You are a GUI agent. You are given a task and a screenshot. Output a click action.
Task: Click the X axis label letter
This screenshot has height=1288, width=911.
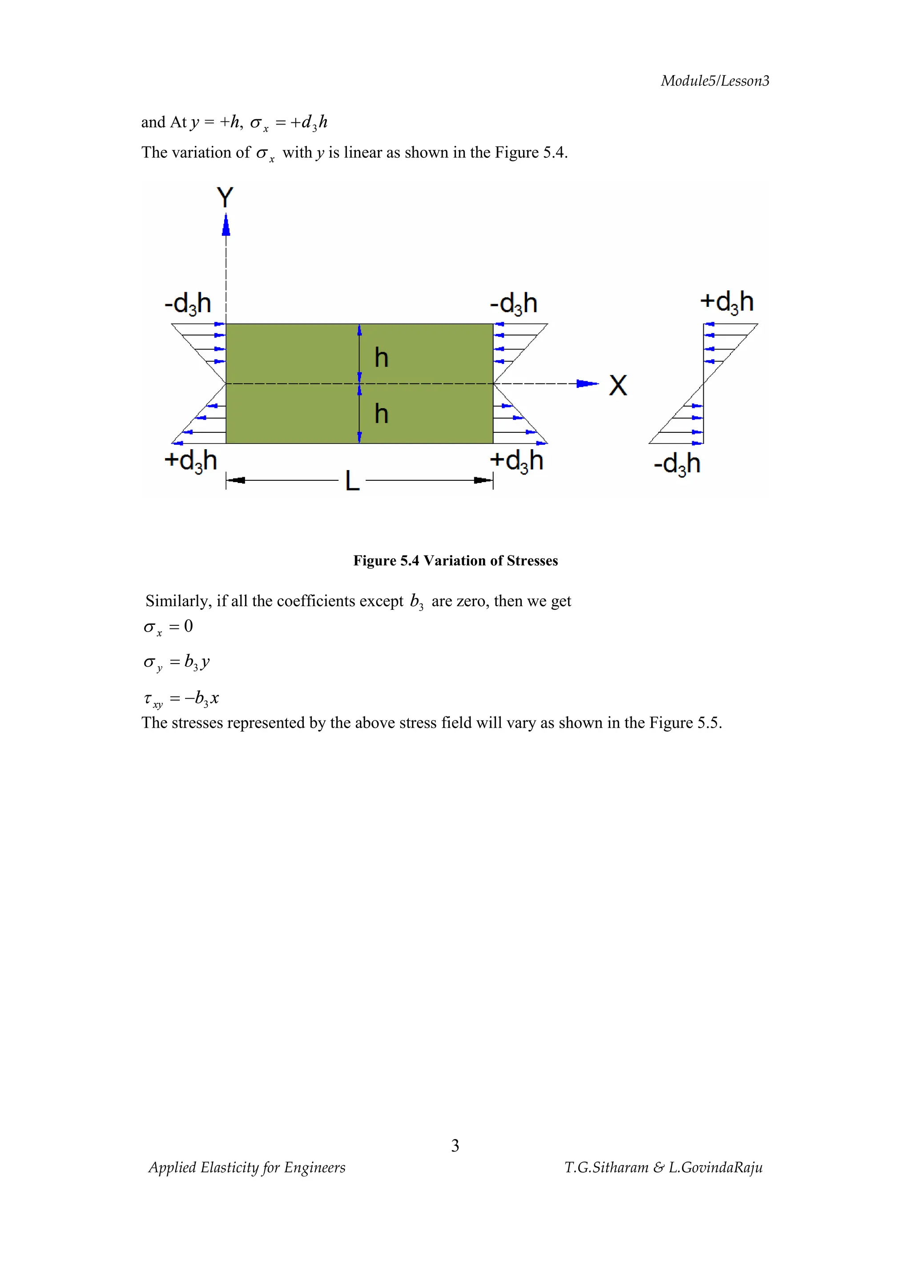[x=617, y=386]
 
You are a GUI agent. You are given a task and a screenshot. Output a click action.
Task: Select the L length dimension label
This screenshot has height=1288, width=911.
[x=352, y=481]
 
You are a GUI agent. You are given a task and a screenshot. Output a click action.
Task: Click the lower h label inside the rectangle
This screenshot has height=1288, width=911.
[x=382, y=414]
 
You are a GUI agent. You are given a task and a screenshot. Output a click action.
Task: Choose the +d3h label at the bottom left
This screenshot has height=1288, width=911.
[x=190, y=461]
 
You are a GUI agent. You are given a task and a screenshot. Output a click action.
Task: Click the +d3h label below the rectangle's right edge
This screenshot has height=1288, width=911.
[x=516, y=461]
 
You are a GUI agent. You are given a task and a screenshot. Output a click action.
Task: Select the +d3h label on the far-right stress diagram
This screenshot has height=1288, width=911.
[x=726, y=302]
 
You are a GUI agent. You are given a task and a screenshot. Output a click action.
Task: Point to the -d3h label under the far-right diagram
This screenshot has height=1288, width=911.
[x=677, y=464]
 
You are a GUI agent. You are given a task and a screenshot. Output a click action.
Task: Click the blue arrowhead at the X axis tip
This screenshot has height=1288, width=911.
[x=587, y=384]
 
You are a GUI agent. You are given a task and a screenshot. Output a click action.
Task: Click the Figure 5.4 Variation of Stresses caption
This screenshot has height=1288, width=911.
[x=455, y=560]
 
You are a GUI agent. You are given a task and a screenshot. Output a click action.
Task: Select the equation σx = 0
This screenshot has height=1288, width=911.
[x=168, y=627]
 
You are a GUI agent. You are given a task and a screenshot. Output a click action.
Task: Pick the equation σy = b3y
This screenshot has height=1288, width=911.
[x=177, y=663]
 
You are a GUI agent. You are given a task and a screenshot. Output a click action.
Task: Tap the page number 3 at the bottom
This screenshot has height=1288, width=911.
[x=455, y=1146]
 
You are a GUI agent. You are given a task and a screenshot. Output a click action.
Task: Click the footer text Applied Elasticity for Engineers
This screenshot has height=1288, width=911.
[x=247, y=1167]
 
